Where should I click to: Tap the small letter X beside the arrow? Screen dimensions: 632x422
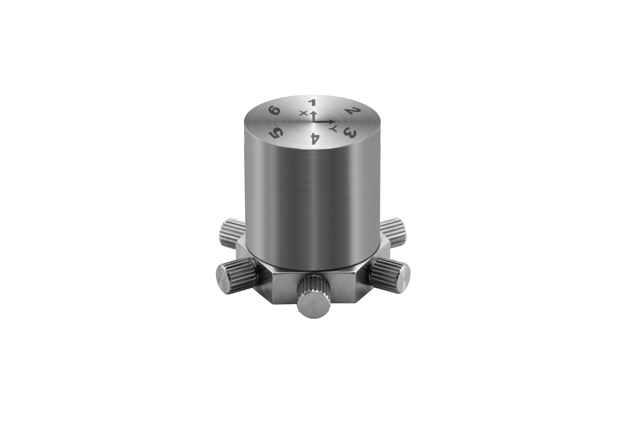coord(304,113)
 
